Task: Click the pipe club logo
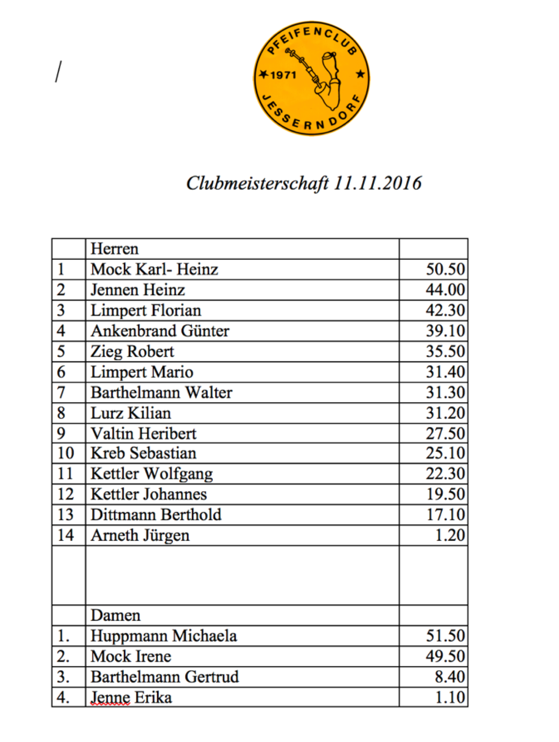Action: click(x=311, y=78)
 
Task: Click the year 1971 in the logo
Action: click(x=283, y=75)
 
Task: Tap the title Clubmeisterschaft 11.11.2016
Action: click(x=304, y=184)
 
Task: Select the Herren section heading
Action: click(x=114, y=249)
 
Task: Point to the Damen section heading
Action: click(x=115, y=615)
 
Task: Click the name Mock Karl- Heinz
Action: click(x=154, y=269)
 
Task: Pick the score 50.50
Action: click(x=445, y=269)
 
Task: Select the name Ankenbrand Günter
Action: click(x=160, y=331)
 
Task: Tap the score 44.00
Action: click(x=445, y=290)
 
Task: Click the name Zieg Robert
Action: click(x=132, y=352)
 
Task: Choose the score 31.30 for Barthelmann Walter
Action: click(x=445, y=392)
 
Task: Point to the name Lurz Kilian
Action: click(x=131, y=413)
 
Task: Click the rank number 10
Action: click(x=66, y=453)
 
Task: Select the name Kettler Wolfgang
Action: click(x=152, y=474)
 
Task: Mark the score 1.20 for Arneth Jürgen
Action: click(x=450, y=535)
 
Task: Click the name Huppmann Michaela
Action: click(x=164, y=636)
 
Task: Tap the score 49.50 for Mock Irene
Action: click(x=445, y=656)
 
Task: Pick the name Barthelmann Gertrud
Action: click(x=165, y=677)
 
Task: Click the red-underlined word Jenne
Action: click(x=110, y=698)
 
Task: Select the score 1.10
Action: click(x=450, y=698)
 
